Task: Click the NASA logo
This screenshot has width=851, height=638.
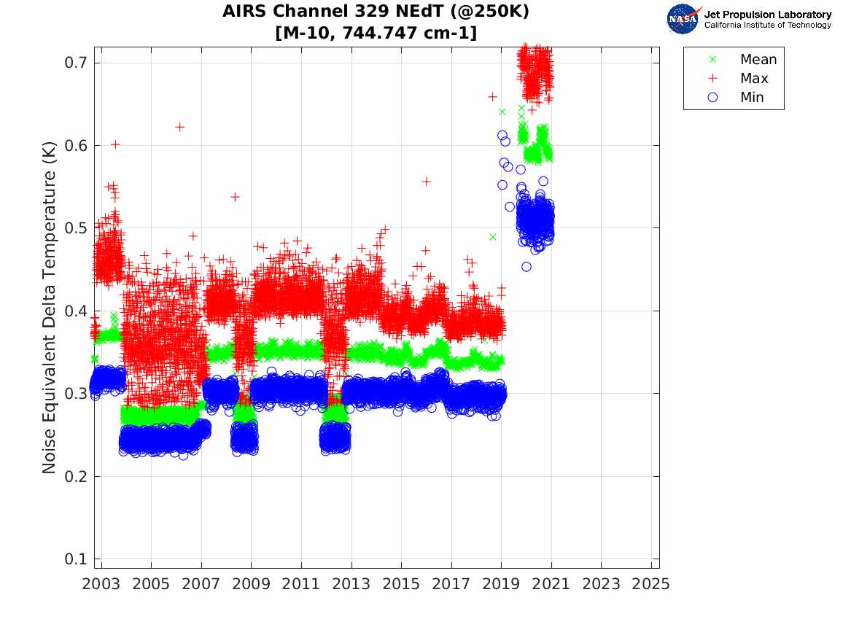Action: point(683,19)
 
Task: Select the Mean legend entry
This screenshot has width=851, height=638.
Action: point(758,60)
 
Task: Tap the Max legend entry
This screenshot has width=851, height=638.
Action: point(754,79)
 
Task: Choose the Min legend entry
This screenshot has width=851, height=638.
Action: point(752,98)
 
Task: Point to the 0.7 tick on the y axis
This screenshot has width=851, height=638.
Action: point(76,63)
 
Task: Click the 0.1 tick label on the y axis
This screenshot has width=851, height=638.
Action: point(76,559)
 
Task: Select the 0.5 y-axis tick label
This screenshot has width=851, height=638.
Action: point(76,228)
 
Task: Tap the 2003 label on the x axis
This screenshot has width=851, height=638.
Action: point(101,584)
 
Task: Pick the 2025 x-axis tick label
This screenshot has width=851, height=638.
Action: point(651,584)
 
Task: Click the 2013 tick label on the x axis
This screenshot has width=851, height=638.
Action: point(351,584)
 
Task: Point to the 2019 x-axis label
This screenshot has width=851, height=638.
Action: point(502,584)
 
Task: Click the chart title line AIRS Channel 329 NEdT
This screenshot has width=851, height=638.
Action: point(376,12)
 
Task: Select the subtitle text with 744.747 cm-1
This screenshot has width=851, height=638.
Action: point(376,33)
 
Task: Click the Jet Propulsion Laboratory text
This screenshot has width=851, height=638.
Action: point(768,15)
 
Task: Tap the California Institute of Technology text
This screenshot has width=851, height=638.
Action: point(768,26)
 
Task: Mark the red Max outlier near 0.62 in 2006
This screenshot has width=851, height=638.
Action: point(179,127)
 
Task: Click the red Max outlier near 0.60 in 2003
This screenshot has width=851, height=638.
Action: point(115,144)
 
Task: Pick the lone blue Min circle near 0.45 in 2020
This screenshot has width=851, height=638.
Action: point(526,267)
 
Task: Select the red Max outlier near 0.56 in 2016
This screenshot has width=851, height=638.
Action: point(427,181)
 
